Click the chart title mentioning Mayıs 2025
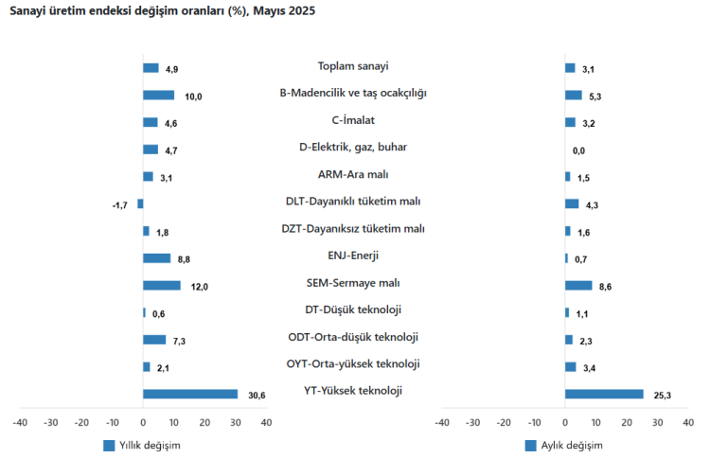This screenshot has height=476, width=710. tap(163, 11)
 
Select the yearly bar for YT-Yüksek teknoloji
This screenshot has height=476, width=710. tap(190, 394)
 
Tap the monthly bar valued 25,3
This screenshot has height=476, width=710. tap(604, 394)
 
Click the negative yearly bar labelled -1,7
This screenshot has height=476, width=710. tap(140, 203)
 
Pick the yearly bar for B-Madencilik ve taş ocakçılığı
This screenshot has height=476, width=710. tap(158, 95)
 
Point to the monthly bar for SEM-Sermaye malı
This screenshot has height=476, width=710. tap(578, 285)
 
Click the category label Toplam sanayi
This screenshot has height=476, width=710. tap(353, 66)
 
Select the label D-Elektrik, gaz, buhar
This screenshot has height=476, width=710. tap(353, 147)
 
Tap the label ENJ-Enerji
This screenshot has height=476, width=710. tap(353, 256)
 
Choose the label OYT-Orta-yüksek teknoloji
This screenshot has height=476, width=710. tap(353, 364)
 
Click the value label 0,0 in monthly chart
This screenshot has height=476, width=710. tap(578, 150)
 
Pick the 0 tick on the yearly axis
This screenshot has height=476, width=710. tap(143, 422)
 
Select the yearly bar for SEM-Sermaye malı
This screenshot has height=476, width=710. tap(162, 285)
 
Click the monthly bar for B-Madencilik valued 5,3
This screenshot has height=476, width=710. tap(574, 95)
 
